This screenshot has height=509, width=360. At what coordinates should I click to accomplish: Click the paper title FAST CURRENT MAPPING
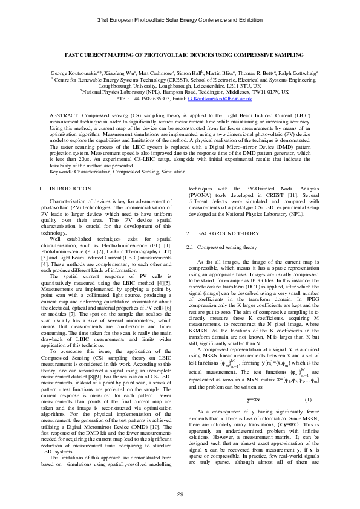pyautogui.click(x=180, y=54)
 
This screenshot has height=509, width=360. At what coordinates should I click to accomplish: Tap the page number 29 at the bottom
pyautogui.click(x=180, y=495)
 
